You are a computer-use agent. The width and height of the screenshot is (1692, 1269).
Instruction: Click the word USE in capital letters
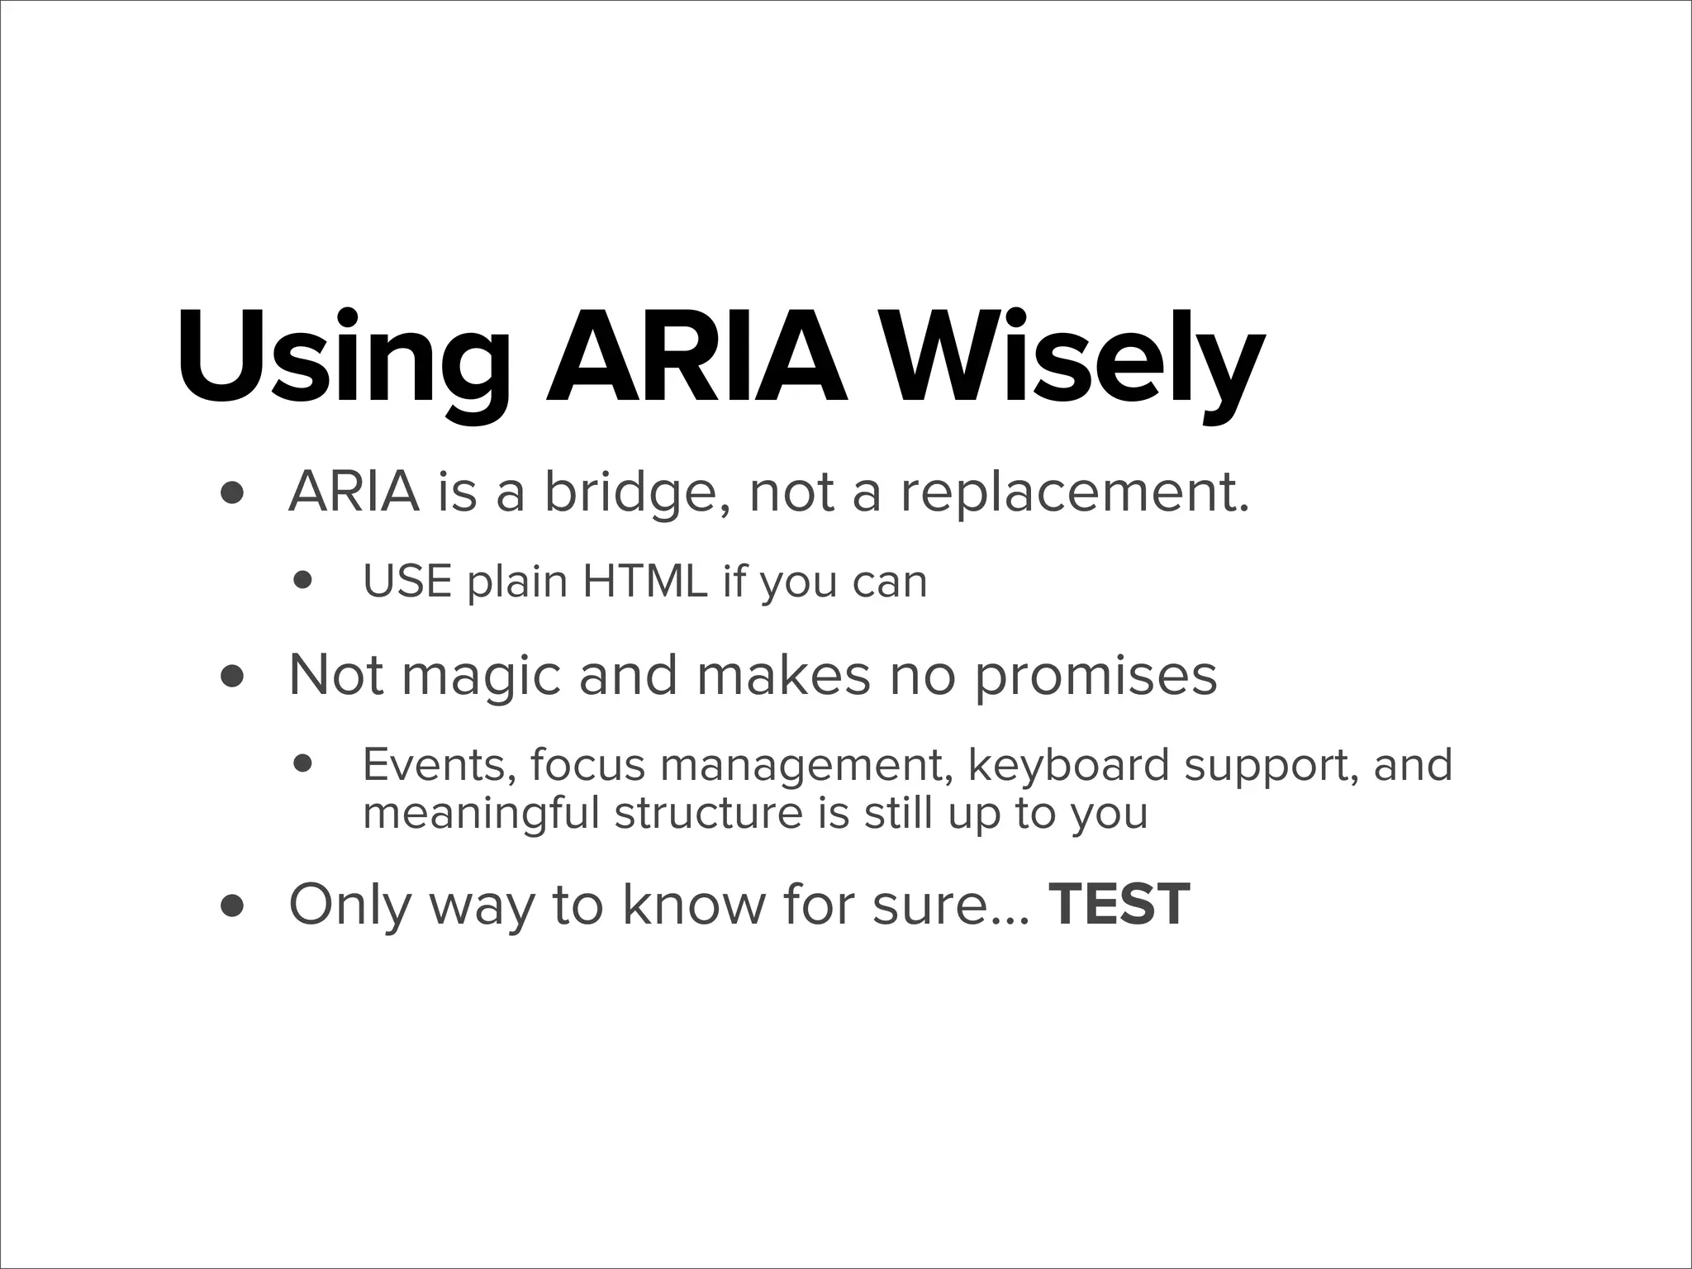pyautogui.click(x=407, y=582)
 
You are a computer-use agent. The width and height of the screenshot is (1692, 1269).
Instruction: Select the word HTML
pyautogui.click(x=644, y=582)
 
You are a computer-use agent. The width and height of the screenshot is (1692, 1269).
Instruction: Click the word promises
pyautogui.click(x=1096, y=676)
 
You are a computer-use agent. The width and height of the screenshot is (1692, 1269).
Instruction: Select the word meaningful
pyautogui.click(x=480, y=813)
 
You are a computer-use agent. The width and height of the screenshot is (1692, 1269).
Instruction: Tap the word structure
pyautogui.click(x=708, y=813)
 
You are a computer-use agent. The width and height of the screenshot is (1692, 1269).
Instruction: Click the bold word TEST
pyautogui.click(x=1119, y=905)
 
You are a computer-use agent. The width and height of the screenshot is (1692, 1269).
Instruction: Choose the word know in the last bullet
pyautogui.click(x=694, y=905)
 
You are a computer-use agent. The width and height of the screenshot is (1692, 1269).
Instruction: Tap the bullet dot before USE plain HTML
pyautogui.click(x=303, y=581)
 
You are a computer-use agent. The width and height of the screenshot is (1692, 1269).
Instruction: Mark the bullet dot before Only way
pyautogui.click(x=232, y=906)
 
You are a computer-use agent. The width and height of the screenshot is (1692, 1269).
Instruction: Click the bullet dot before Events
pyautogui.click(x=303, y=765)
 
